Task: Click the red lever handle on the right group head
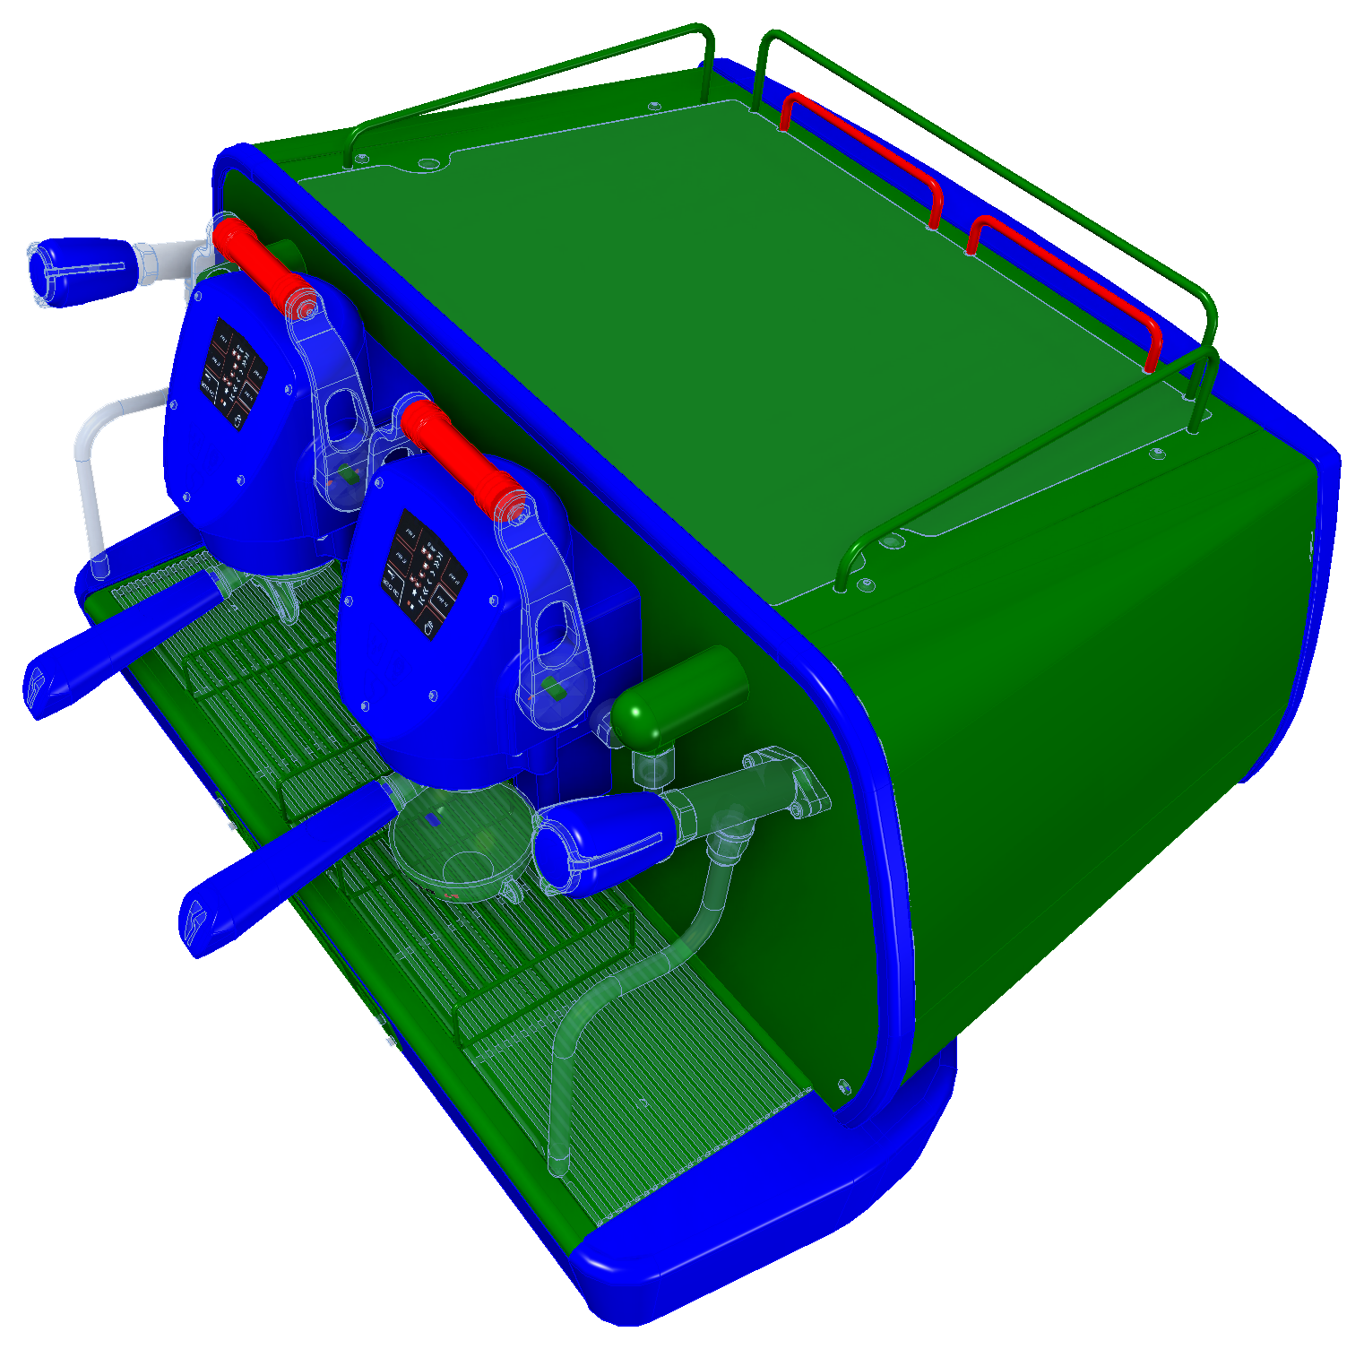tap(457, 457)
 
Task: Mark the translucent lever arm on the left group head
tap(336, 394)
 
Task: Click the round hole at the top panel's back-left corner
tap(429, 164)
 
